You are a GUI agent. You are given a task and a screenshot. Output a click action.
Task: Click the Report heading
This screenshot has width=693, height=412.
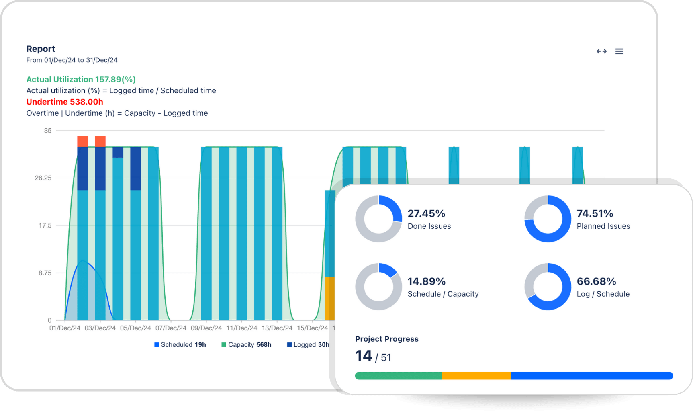tap(41, 49)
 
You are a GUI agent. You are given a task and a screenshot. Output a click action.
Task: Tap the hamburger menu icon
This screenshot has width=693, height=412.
tap(619, 51)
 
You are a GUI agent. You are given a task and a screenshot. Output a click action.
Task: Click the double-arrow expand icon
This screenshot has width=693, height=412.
tap(601, 51)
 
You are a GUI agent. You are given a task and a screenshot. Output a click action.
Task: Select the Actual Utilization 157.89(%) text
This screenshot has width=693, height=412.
tap(81, 79)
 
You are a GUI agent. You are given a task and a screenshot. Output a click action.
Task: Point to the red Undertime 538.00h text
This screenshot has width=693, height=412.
tap(65, 102)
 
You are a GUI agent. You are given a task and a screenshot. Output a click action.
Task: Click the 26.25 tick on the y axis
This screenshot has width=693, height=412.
tap(43, 178)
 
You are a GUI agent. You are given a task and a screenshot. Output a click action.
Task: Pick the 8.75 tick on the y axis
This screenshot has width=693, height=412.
tap(45, 273)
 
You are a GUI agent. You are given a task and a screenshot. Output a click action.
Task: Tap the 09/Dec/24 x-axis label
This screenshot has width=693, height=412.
tap(206, 328)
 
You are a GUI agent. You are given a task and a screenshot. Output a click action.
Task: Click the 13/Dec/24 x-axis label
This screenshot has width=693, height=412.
tap(277, 328)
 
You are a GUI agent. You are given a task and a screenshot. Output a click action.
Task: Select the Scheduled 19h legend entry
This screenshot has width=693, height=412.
tap(180, 345)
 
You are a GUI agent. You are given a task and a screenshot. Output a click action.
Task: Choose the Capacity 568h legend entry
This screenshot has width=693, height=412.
tap(247, 345)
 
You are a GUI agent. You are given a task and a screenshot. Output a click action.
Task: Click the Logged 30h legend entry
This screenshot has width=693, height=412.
tap(309, 345)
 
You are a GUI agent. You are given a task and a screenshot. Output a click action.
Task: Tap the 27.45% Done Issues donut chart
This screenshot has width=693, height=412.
tap(378, 219)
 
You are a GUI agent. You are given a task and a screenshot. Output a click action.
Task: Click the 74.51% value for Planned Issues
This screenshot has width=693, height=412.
tap(595, 213)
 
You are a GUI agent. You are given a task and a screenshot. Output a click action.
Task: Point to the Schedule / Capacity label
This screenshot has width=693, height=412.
tap(443, 294)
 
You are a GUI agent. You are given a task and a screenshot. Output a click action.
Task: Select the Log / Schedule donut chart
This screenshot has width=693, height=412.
tap(548, 287)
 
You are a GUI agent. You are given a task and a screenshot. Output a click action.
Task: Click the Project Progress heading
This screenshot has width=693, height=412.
tap(386, 339)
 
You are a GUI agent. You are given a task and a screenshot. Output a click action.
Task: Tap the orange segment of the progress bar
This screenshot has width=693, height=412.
tap(476, 376)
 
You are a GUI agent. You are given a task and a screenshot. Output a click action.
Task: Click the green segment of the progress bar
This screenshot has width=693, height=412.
tap(399, 376)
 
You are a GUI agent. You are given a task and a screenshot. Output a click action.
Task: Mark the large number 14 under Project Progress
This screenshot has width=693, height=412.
tap(364, 356)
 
